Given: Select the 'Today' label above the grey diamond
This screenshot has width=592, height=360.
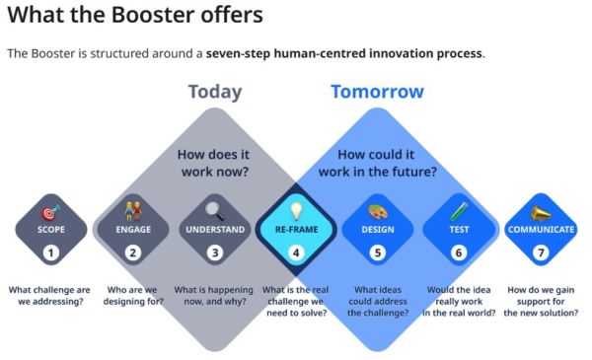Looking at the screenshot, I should point(214,92).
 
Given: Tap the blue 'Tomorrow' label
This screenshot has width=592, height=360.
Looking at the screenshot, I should point(377,92).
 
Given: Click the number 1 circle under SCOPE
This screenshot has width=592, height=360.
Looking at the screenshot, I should point(51,252).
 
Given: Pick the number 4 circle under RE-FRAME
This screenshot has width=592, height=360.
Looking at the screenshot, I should point(295,252).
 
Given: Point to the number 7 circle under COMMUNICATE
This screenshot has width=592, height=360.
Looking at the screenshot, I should point(540,252).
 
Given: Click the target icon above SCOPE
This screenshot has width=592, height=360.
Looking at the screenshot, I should point(51,211).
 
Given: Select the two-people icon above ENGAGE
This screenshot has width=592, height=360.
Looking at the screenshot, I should point(133,210).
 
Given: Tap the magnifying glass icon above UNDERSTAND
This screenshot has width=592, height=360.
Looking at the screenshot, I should point(214,210).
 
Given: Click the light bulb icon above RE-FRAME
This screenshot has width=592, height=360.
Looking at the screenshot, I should point(295,210).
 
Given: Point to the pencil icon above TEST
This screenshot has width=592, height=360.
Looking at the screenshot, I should point(458,210).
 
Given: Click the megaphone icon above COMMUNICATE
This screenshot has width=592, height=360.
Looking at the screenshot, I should point(540,211).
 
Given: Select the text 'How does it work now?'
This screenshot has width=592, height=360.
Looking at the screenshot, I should point(214,163).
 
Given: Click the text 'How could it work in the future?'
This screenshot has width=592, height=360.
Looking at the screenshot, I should point(377,163).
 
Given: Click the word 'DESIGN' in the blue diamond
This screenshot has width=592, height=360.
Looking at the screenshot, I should point(377,230).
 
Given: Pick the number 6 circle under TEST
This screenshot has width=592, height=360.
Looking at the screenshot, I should point(458,252).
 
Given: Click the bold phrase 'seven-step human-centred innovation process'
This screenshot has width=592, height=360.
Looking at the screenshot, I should point(344,52).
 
